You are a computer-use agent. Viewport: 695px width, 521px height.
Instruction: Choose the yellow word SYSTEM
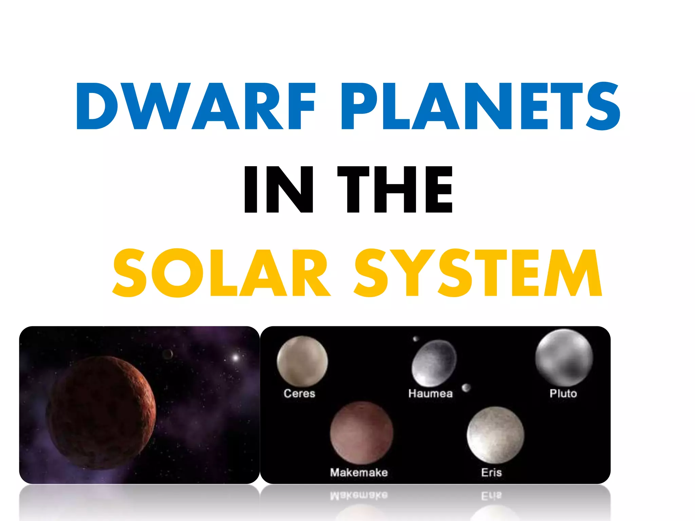point(478,273)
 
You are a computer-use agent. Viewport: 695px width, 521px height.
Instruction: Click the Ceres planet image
point(302,361)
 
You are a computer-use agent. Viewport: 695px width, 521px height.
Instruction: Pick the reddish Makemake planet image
point(361,433)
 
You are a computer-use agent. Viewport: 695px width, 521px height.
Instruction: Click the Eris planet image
point(495,435)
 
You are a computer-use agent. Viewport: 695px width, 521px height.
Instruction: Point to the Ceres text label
point(299,393)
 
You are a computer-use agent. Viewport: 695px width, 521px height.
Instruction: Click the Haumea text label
point(430,393)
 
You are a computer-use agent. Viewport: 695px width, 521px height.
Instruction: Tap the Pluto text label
point(563,393)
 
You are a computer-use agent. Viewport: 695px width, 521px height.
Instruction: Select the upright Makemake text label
point(359,472)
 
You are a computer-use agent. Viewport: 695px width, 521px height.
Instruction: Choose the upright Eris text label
point(491,472)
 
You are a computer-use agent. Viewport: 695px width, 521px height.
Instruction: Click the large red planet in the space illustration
point(101,412)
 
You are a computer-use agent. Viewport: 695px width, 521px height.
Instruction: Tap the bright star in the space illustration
point(235,357)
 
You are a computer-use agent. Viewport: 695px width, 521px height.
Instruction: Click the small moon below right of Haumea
point(466,387)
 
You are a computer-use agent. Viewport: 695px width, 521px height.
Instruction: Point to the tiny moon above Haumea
point(415,339)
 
